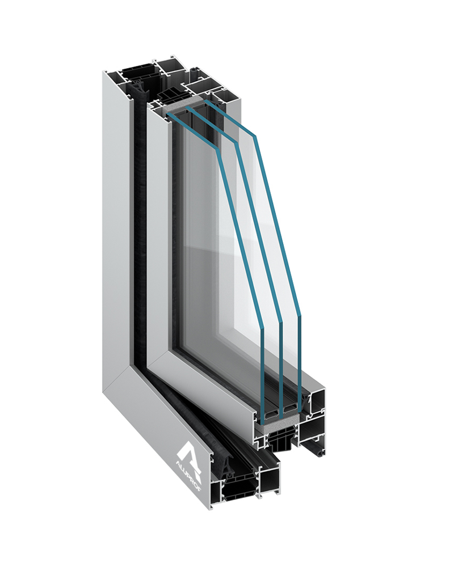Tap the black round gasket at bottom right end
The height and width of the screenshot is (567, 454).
322,454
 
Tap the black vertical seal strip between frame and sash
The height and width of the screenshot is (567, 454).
136,227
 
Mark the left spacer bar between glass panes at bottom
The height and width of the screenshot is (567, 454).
272,407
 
